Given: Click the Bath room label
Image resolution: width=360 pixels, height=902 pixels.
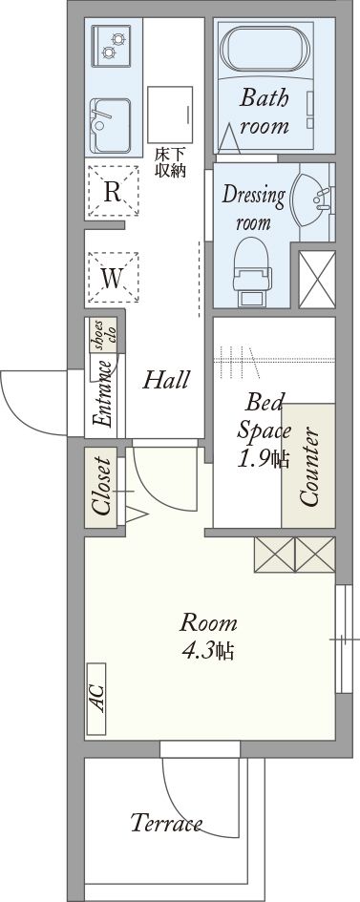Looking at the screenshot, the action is [265, 112].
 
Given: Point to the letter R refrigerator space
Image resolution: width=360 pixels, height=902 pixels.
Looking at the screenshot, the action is [112, 192].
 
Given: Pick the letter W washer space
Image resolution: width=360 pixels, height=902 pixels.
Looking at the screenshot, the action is [112, 279].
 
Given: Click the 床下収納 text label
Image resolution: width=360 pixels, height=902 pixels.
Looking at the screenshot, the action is [170, 163].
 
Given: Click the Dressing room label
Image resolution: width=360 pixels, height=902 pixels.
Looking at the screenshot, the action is [253, 206].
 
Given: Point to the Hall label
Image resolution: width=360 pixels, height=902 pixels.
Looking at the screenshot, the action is [166, 380].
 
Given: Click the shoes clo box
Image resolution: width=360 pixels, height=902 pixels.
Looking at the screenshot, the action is [103, 334].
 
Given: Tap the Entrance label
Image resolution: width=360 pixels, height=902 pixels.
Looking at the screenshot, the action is [104, 394].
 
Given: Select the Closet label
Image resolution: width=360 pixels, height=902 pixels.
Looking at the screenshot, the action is [102, 486].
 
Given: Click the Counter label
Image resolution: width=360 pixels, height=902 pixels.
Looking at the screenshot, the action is [308, 468].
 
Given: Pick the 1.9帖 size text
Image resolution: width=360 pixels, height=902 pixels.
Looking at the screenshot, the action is [264, 458].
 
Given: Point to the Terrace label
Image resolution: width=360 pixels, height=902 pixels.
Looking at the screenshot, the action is [166, 823].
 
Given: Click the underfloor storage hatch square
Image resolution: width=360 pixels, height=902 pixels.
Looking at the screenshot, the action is [170, 115].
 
